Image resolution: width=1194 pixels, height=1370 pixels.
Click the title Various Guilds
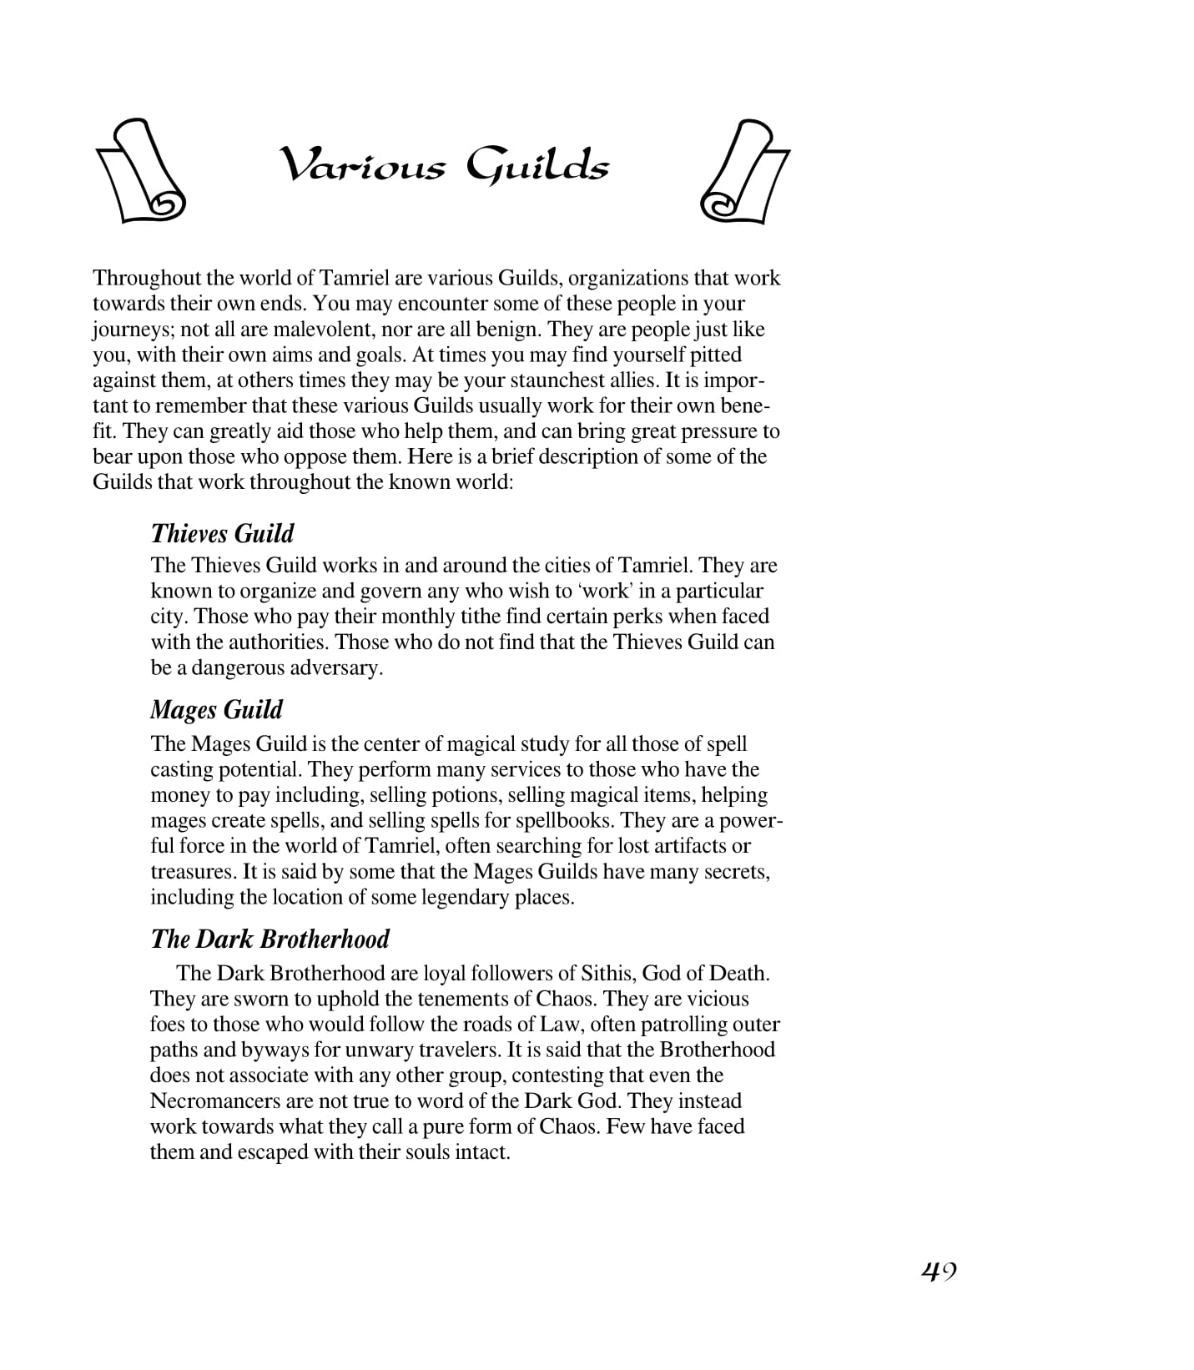(x=444, y=165)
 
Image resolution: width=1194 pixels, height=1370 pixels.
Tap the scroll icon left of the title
(x=141, y=171)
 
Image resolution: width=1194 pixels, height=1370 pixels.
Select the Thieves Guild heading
(x=222, y=534)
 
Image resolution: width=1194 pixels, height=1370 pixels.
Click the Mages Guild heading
(x=216, y=710)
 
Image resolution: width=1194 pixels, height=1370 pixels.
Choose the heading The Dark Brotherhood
(x=270, y=939)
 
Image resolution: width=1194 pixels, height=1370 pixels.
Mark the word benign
(x=506, y=329)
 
